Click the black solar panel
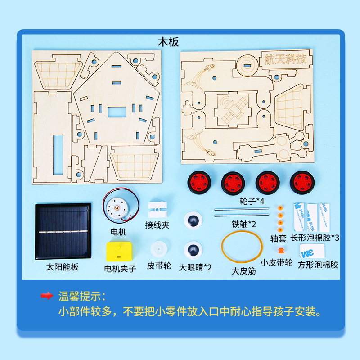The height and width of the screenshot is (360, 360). click(x=63, y=231)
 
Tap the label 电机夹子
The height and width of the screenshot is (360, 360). click(x=120, y=269)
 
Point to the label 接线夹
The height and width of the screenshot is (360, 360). click(x=157, y=225)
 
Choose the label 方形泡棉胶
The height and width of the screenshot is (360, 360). click(x=318, y=265)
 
